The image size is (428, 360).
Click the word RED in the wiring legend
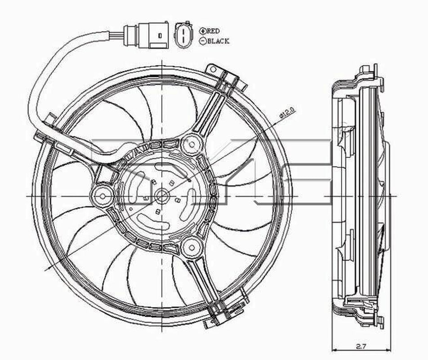coord(213,31)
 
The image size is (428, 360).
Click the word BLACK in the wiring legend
coord(218,41)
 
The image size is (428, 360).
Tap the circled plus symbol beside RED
coord(202,31)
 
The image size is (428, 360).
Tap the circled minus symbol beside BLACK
coord(202,41)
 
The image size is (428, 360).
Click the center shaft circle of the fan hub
coord(162,196)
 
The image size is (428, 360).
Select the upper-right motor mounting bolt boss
coord(192,144)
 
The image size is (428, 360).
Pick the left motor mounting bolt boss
coord(102,195)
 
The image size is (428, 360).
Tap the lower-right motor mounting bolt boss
coord(191,247)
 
